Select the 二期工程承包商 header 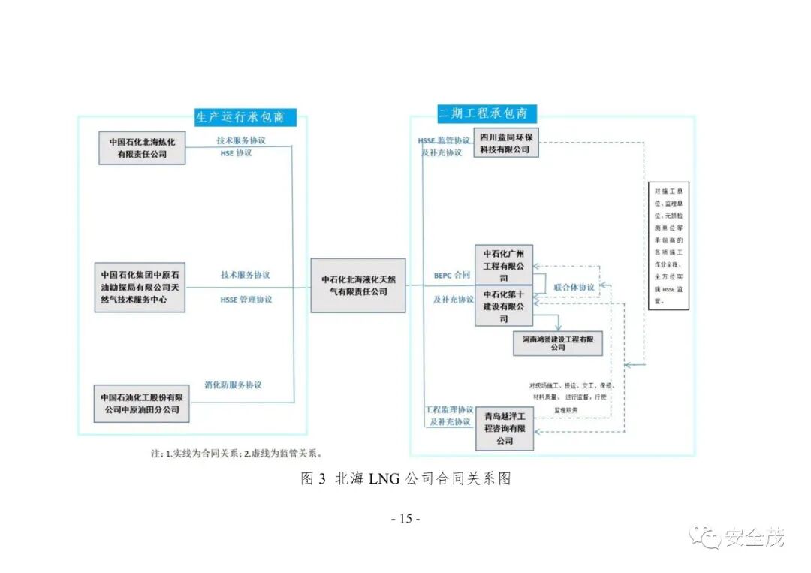(483, 114)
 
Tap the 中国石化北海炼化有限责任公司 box (142, 148)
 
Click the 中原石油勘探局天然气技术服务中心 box (140, 287)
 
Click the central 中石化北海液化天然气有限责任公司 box (357, 285)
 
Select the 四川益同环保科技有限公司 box (505, 143)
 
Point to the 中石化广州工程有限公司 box (504, 264)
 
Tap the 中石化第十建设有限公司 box (504, 306)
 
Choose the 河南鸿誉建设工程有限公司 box (558, 343)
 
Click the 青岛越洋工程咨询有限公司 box (504, 429)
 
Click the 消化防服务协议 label (234, 385)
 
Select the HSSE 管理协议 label (246, 300)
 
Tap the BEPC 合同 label (452, 276)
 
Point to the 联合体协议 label (574, 287)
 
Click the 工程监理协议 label (449, 409)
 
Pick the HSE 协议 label (236, 152)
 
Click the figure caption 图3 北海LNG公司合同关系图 (405, 479)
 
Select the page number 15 (405, 519)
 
